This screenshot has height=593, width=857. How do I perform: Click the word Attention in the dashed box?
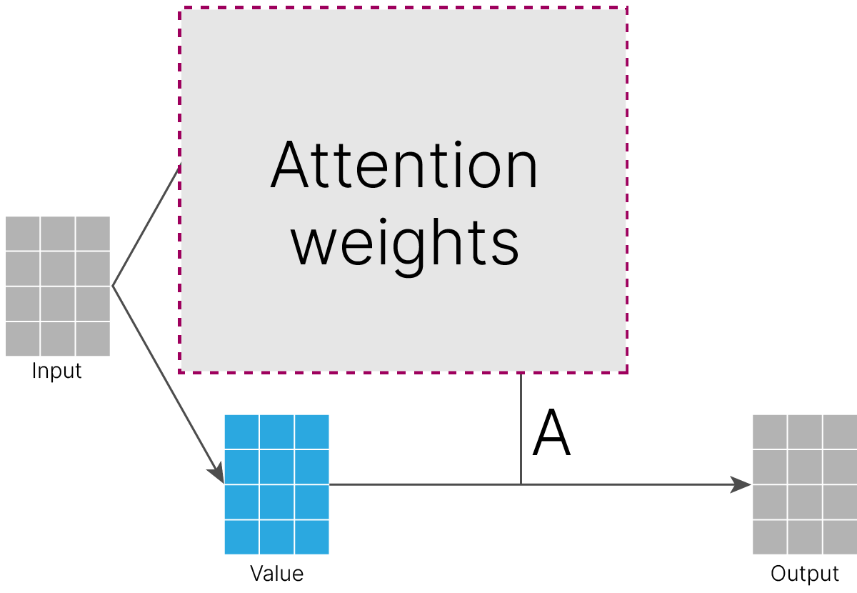click(x=404, y=164)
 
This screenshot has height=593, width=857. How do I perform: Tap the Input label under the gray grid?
click(x=56, y=371)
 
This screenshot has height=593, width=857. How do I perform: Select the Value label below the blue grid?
click(x=276, y=574)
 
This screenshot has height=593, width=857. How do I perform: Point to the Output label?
click(x=805, y=574)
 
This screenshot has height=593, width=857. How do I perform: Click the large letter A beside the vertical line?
click(x=551, y=432)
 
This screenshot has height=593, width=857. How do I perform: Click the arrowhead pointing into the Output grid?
click(x=741, y=484)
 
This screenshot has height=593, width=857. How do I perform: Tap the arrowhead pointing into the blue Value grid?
click(x=216, y=473)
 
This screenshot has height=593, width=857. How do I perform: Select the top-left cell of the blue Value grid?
click(x=241, y=432)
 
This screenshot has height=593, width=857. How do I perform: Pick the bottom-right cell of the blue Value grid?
click(x=312, y=537)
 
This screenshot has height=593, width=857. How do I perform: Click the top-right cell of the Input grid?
click(x=93, y=234)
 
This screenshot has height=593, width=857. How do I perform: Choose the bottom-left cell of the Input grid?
click(x=23, y=339)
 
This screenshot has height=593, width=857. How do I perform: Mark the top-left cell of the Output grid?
click(x=770, y=432)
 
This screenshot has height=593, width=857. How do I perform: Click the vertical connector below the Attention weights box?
click(x=521, y=429)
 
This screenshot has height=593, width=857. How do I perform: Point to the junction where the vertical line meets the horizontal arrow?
click(x=521, y=484)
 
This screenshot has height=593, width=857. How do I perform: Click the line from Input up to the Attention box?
click(x=146, y=225)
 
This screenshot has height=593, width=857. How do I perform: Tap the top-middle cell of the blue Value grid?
click(x=276, y=432)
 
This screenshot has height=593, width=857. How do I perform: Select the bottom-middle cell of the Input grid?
click(x=58, y=339)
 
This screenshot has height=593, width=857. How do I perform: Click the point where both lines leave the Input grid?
click(x=113, y=286)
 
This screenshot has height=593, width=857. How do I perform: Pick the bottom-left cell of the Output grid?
click(x=770, y=537)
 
